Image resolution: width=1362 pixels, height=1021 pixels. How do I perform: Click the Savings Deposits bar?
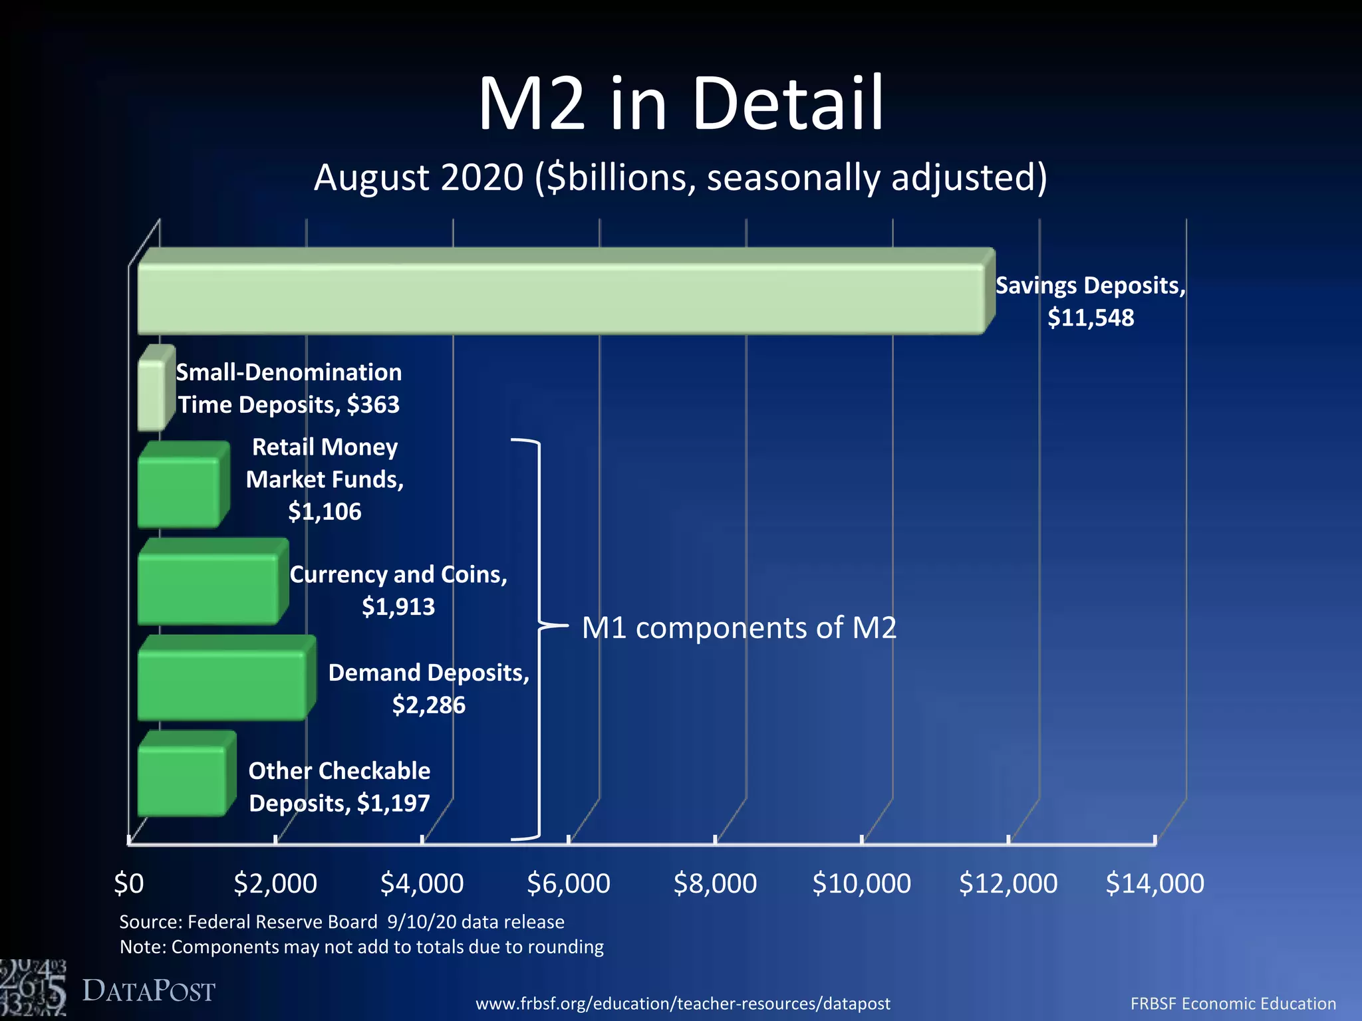(x=559, y=298)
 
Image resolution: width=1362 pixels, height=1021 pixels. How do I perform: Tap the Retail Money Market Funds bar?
(x=178, y=492)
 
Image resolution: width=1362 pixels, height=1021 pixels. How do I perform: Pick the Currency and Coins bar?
(x=207, y=588)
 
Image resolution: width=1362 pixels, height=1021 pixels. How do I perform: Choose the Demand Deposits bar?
(x=221, y=685)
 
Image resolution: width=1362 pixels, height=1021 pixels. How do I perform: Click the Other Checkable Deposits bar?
(x=181, y=781)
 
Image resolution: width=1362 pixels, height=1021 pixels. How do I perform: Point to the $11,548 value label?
(x=1091, y=318)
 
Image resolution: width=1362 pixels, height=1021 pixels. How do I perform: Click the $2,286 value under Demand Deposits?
(x=429, y=705)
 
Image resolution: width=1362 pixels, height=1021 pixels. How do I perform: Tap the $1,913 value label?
(x=398, y=607)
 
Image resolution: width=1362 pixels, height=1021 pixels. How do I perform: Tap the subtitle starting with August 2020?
(x=680, y=178)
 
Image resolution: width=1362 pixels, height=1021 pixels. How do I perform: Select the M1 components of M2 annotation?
(x=739, y=628)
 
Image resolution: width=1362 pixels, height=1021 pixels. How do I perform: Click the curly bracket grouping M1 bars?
(x=538, y=638)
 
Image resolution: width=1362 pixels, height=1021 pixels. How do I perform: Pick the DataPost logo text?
(x=148, y=991)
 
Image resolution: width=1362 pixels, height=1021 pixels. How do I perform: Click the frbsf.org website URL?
(x=682, y=1004)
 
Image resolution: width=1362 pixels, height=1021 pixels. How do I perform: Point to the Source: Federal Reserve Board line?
(x=342, y=922)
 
